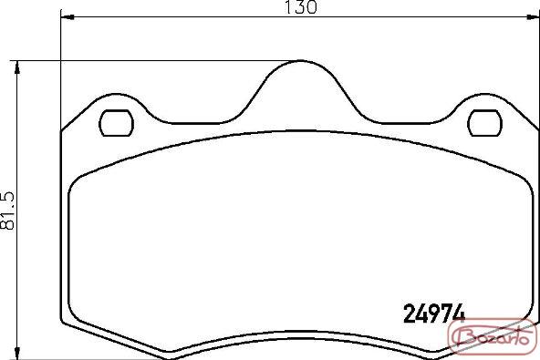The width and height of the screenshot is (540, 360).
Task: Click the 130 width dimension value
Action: point(301,7)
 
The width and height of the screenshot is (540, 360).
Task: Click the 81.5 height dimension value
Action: point(8,211)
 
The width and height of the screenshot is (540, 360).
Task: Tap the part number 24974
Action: point(434,314)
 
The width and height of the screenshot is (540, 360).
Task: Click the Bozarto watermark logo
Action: point(493,336)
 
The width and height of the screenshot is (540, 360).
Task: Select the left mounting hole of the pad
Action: point(116,123)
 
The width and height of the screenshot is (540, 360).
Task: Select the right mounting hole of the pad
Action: point(485,123)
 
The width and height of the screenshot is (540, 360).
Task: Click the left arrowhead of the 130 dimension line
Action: point(67,16)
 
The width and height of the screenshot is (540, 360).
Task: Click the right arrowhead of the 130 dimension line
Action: point(533,16)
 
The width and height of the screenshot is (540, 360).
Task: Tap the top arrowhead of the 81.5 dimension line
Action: point(16,67)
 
